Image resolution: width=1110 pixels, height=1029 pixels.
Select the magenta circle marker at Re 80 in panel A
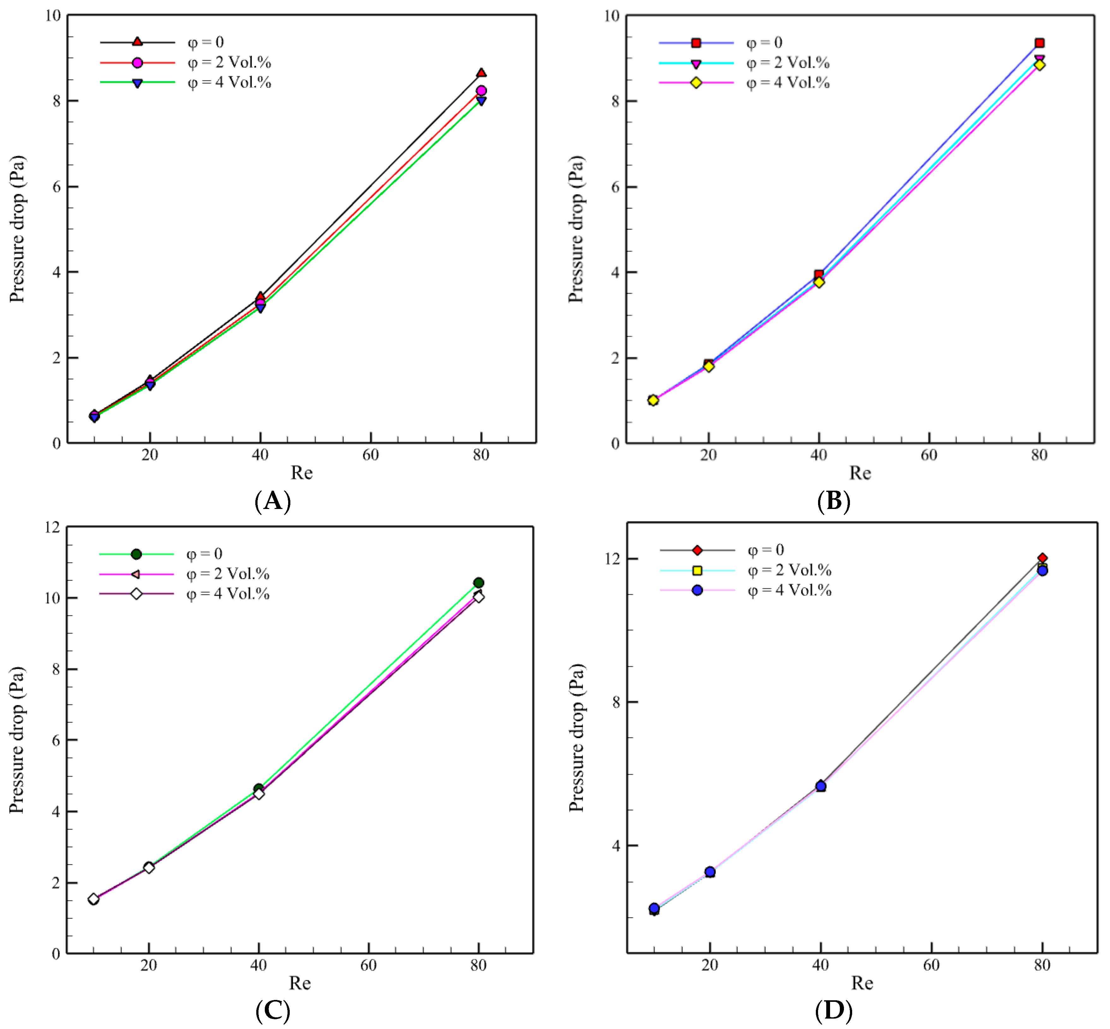pyautogui.click(x=481, y=91)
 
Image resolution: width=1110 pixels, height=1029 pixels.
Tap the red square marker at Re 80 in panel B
pyautogui.click(x=1039, y=43)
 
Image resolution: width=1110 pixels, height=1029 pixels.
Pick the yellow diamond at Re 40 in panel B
pyautogui.click(x=818, y=282)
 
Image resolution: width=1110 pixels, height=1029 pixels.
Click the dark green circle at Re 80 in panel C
pyautogui.click(x=478, y=583)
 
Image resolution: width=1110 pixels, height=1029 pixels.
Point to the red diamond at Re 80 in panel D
pyautogui.click(x=1042, y=558)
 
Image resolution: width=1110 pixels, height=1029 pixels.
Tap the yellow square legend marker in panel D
pyautogui.click(x=697, y=570)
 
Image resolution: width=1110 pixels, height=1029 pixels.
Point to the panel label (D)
pyautogui.click(x=833, y=1009)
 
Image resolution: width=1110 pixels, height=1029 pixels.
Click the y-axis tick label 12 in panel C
pyautogui.click(x=52, y=527)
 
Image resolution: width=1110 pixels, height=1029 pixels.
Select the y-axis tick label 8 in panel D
pyautogui.click(x=616, y=702)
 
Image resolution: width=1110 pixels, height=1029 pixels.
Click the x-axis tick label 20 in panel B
pyautogui.click(x=708, y=455)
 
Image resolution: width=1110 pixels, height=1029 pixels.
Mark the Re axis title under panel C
pyautogui.click(x=300, y=983)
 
